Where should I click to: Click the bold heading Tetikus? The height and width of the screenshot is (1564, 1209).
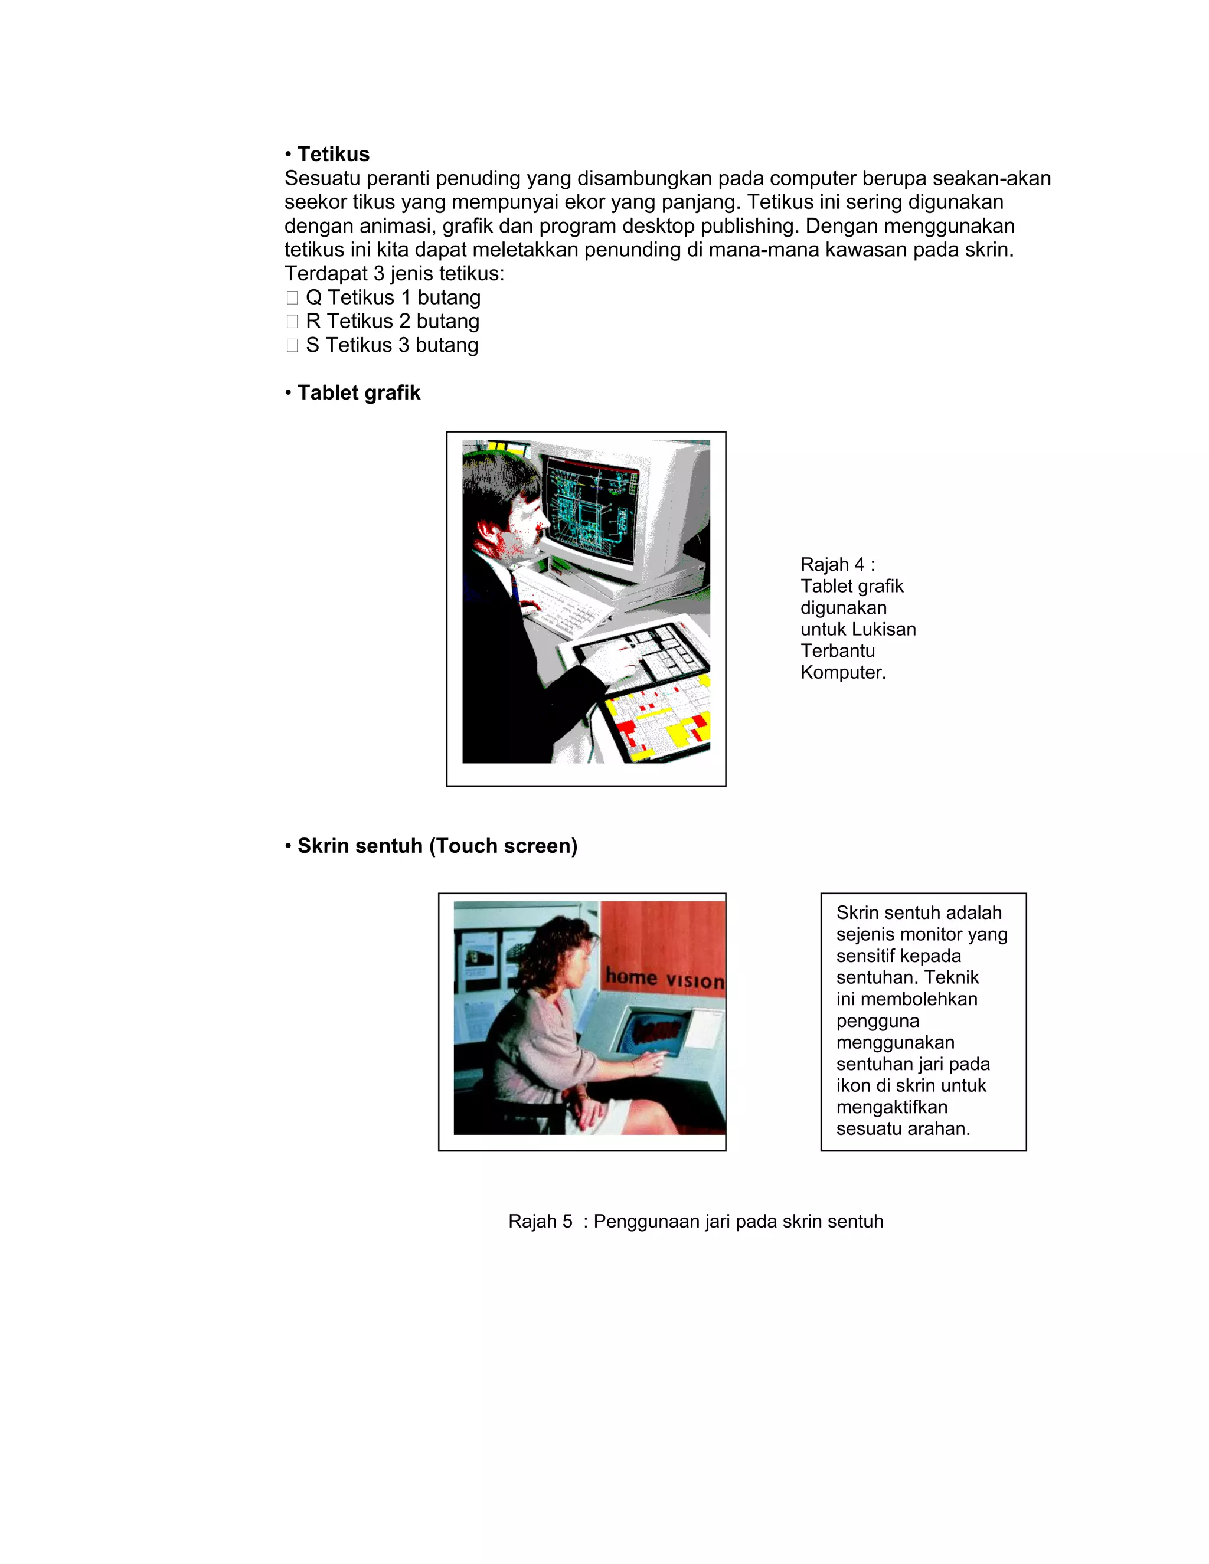pyautogui.click(x=333, y=155)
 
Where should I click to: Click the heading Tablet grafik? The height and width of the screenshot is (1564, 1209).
pyautogui.click(x=358, y=393)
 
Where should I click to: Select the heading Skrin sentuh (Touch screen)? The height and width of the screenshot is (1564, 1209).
pyautogui.click(x=437, y=846)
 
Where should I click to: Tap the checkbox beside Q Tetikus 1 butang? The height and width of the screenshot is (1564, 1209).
pyautogui.click(x=292, y=298)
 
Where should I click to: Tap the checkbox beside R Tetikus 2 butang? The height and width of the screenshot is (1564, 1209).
pyautogui.click(x=292, y=322)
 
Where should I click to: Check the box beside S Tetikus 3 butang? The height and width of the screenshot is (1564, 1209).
pyautogui.click(x=292, y=345)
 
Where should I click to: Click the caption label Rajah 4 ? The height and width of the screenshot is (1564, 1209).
pyautogui.click(x=837, y=564)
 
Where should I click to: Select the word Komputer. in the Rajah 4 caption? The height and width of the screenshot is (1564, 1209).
pyautogui.click(x=843, y=672)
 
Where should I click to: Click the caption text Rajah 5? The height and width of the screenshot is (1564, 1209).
pyautogui.click(x=540, y=1222)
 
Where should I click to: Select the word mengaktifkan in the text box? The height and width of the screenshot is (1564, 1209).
pyautogui.click(x=892, y=1107)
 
